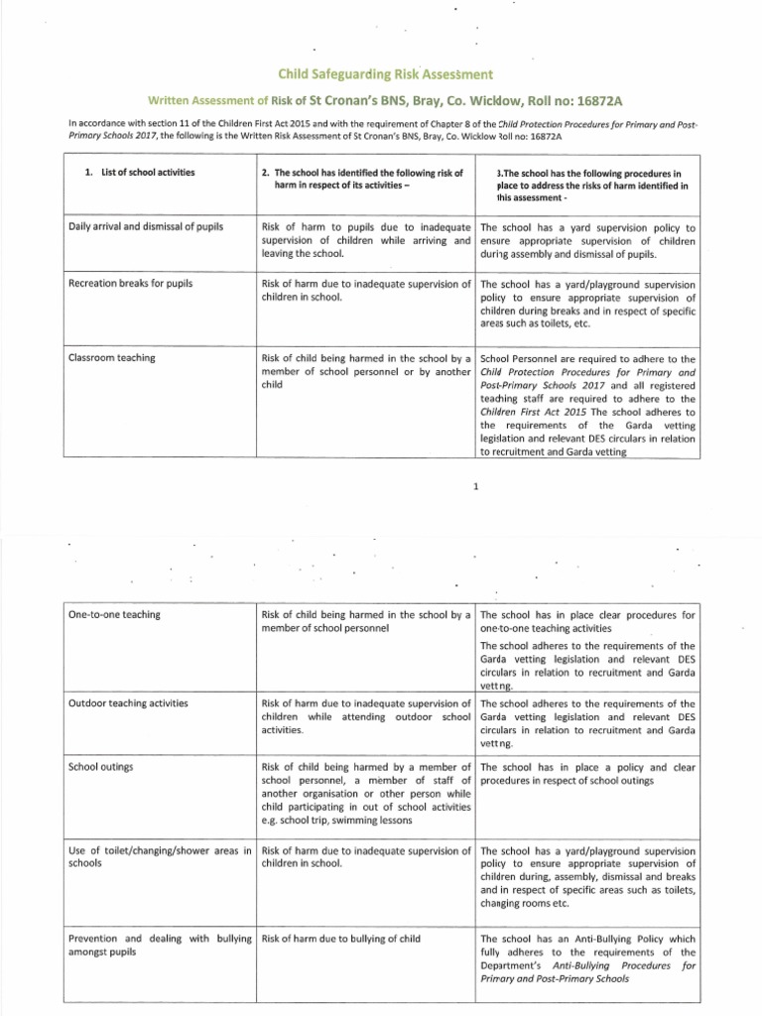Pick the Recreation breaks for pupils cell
(129, 284)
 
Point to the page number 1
(477, 486)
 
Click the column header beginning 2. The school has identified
(362, 179)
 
